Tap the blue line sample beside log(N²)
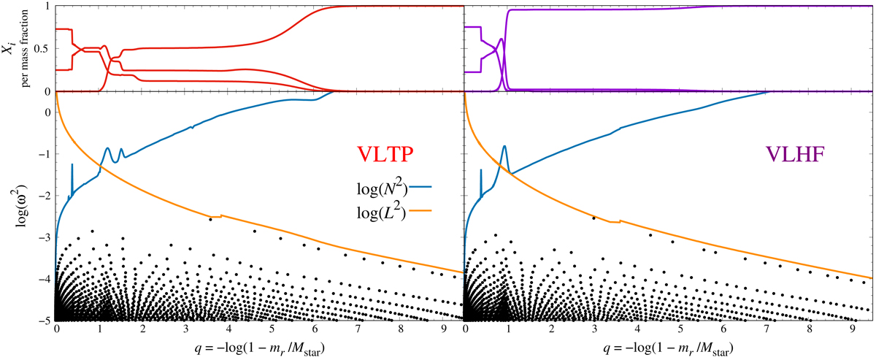(x=422, y=188)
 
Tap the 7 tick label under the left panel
(x=357, y=330)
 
